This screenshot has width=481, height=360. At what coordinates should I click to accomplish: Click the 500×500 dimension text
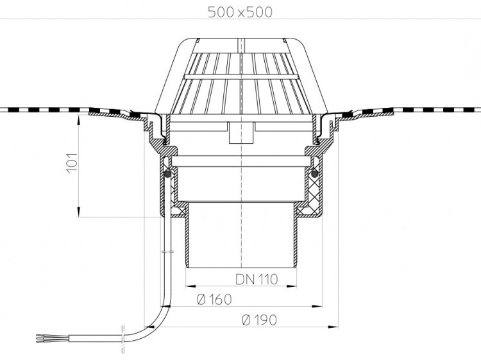(240, 12)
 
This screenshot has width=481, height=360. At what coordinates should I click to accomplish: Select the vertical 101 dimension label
(72, 162)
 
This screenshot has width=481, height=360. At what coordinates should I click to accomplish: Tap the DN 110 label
(257, 279)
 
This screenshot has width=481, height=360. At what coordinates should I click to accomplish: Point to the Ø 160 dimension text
(214, 300)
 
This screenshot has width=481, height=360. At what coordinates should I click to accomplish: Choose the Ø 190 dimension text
(259, 320)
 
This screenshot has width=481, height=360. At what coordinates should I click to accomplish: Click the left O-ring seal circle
(167, 174)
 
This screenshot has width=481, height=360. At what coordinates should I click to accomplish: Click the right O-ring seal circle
(314, 174)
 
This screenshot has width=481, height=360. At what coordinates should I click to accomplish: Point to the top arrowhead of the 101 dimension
(79, 119)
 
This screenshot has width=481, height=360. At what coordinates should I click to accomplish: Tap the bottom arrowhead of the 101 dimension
(79, 212)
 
